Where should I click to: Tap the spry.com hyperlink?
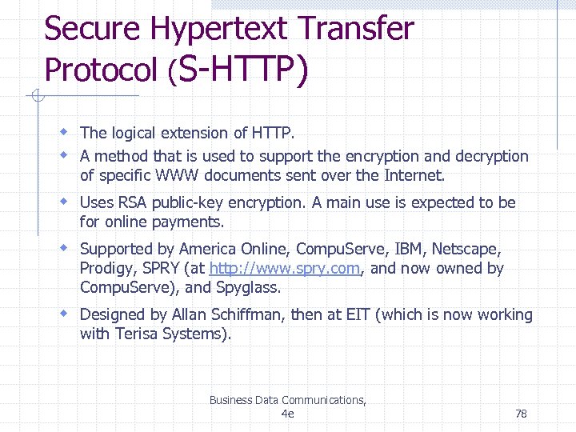point(285,269)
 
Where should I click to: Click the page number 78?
point(521,414)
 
